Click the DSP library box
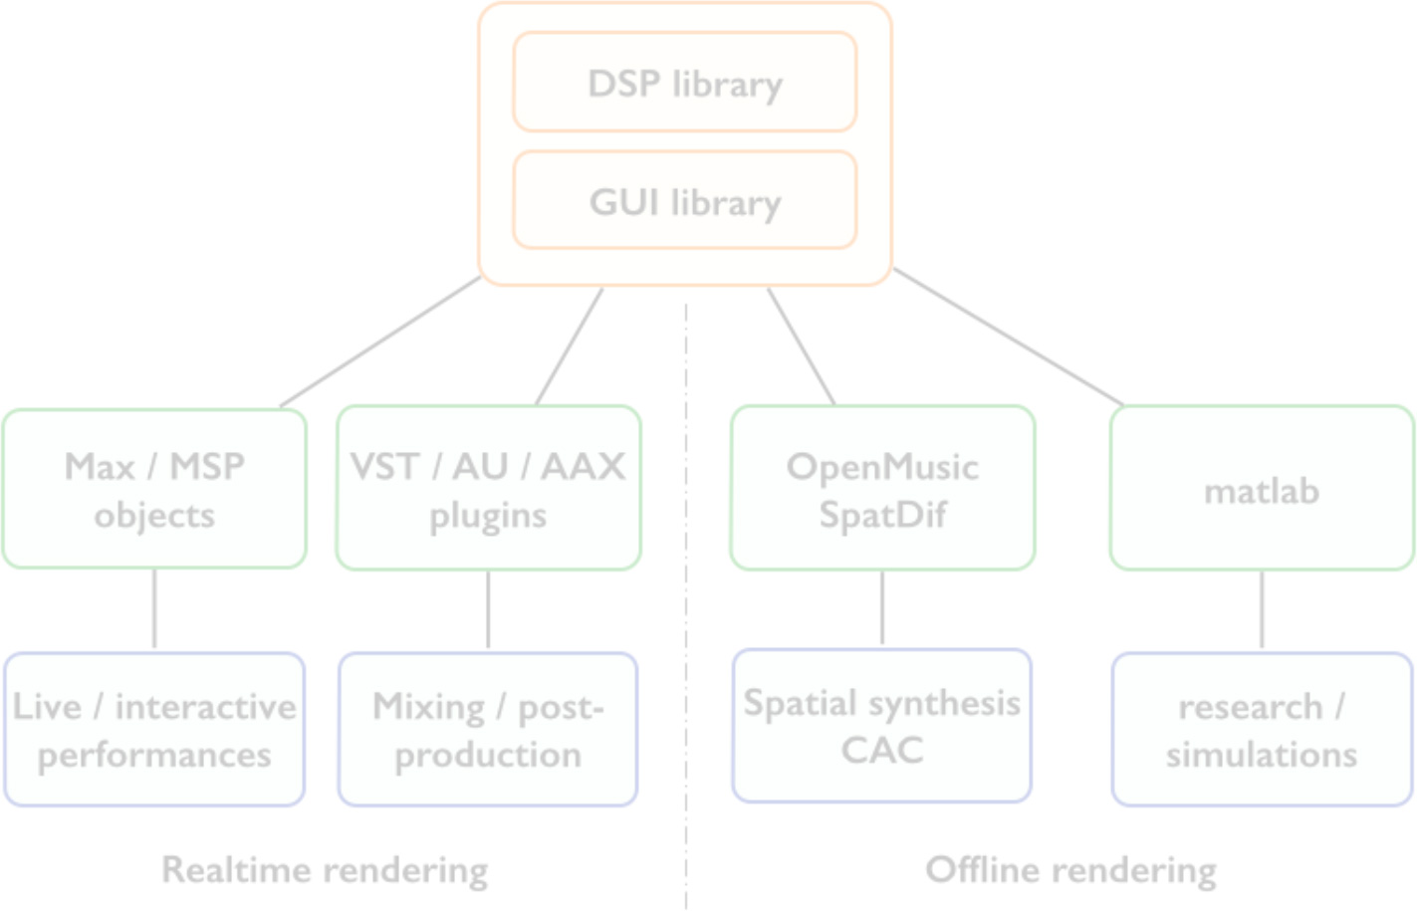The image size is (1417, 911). (685, 82)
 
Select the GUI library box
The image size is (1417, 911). (685, 200)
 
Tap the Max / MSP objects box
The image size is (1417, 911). (154, 489)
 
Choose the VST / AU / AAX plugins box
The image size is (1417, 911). (488, 488)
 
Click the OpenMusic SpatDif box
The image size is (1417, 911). (882, 488)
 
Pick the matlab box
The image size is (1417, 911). (1262, 488)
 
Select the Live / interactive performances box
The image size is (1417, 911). (154, 730)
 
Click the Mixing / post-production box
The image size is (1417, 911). (488, 730)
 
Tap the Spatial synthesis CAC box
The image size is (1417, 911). (882, 726)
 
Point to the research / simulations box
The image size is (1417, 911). (1262, 730)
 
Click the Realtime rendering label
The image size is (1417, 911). (325, 871)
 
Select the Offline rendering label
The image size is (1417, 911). (1071, 871)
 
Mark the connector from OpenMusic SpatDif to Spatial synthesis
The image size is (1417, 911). (882, 608)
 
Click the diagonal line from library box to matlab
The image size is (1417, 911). (1009, 338)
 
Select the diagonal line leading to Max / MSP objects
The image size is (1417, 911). (380, 342)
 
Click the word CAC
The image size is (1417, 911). (882, 751)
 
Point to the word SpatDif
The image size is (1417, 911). (882, 515)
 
